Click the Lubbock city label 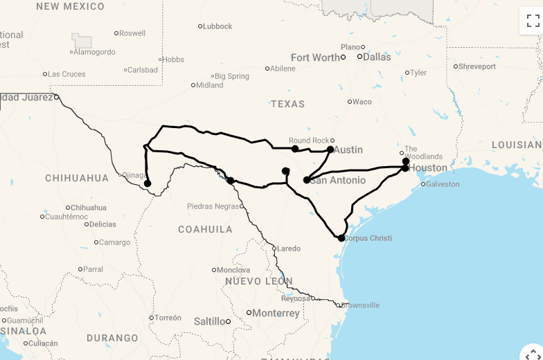(x=217, y=26)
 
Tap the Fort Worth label (x=316, y=57)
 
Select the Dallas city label (x=377, y=57)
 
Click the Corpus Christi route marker (x=341, y=238)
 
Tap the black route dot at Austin (x=330, y=150)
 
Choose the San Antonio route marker (x=307, y=180)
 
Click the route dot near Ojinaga (x=148, y=183)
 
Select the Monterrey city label (x=276, y=313)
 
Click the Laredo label (x=289, y=249)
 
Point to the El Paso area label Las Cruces (x=66, y=74)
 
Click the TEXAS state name (x=287, y=104)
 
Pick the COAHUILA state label (x=205, y=229)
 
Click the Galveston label (x=442, y=184)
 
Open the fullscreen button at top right (x=531, y=21)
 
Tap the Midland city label (x=210, y=85)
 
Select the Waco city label (x=362, y=102)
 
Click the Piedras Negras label (x=213, y=206)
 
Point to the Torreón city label (x=168, y=318)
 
